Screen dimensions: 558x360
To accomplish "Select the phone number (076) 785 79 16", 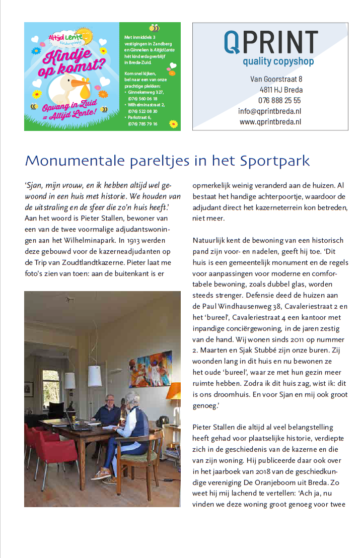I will coord(142,123).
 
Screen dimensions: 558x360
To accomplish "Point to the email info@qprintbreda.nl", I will coord(269,111).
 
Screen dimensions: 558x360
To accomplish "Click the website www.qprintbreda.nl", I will coord(270,122).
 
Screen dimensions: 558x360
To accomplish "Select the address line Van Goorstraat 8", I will coord(276,79).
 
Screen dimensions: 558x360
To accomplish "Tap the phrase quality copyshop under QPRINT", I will coord(278,61).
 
